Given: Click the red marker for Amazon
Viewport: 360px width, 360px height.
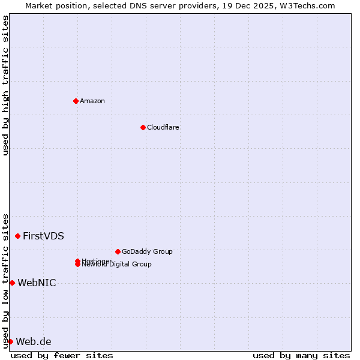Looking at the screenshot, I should pos(76,101).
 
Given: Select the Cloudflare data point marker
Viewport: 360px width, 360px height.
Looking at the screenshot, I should pos(143,127).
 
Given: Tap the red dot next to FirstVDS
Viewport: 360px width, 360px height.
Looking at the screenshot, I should pos(17,236).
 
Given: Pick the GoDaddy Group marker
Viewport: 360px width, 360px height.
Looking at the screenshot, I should pos(118,251).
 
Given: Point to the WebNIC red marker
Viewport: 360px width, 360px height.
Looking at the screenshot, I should pos(12,283).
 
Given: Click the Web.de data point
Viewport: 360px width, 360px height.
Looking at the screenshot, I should pos(10,341).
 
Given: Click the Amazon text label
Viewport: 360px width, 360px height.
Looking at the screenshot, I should pos(92,101).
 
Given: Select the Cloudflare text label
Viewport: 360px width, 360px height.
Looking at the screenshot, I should pos(163,127).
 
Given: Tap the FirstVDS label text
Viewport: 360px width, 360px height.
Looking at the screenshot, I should pos(43,236).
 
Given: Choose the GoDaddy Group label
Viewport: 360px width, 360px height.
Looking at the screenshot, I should pos(147,251).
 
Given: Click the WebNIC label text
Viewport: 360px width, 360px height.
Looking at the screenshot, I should pos(37,283).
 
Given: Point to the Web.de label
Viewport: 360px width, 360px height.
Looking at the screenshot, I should pos(34,341).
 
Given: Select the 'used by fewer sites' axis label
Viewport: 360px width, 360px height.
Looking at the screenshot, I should pos(62,355).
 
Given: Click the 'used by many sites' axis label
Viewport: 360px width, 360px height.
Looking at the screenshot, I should pos(301,355).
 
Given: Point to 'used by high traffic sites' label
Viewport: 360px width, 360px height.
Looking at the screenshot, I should pos(5,85).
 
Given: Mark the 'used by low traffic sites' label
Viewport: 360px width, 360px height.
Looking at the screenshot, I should pos(5,281).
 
